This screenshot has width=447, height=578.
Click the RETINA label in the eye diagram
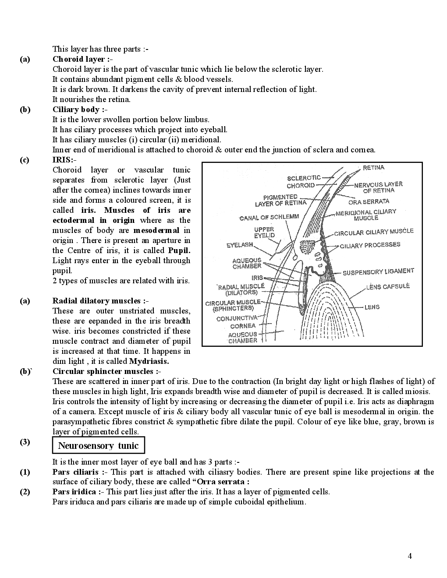[373, 168]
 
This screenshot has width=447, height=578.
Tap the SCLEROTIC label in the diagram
[304, 178]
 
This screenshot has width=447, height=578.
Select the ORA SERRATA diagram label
[369, 202]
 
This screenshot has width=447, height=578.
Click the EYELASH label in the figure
[240, 245]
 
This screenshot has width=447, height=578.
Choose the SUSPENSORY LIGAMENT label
[378, 272]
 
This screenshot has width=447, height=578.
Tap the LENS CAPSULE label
[388, 286]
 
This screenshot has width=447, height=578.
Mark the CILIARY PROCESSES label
[370, 245]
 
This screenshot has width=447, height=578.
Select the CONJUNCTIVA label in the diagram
[237, 318]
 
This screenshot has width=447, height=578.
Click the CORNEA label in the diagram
[242, 326]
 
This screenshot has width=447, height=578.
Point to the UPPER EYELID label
[264, 233]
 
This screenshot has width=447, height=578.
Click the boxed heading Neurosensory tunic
[98, 446]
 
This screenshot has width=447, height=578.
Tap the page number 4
[410, 557]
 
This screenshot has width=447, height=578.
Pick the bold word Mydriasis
[149, 361]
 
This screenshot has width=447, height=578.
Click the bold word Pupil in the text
[179, 250]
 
